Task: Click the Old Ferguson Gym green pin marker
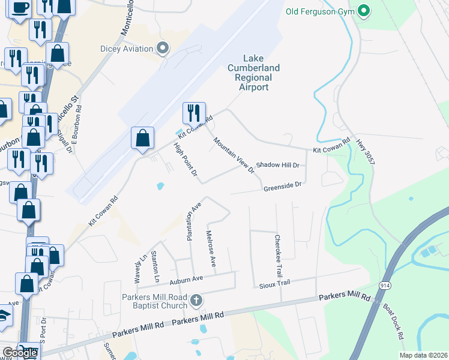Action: click(363, 11)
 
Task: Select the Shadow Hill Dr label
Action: click(277, 165)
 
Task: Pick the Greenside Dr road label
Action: click(282, 187)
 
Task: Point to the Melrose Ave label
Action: click(210, 248)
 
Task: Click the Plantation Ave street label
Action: click(193, 221)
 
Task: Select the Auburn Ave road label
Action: click(186, 278)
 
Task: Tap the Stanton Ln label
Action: click(155, 267)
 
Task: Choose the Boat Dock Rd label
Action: click(394, 324)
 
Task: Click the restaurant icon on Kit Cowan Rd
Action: click(194, 112)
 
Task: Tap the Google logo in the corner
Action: click(19, 353)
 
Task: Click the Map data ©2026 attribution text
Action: click(423, 355)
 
